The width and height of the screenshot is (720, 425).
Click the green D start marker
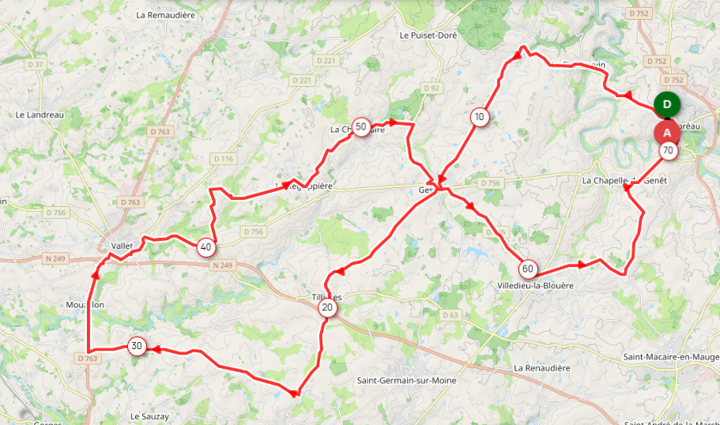click(x=668, y=104)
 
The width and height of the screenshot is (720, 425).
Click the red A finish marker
click(x=667, y=132)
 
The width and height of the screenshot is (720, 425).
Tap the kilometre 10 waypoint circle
click(x=479, y=118)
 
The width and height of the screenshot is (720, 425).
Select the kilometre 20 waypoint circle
click(x=327, y=308)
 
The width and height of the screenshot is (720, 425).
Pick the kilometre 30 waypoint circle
click(x=137, y=346)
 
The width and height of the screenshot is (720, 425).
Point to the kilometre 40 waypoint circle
click(x=206, y=247)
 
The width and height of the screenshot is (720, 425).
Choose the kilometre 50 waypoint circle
click(x=361, y=126)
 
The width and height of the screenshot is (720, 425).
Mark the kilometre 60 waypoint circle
click(x=528, y=269)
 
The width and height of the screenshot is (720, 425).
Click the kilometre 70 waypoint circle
click(x=669, y=150)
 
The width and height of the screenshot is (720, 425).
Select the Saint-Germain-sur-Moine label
click(x=406, y=381)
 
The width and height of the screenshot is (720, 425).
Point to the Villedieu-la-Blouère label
click(x=534, y=285)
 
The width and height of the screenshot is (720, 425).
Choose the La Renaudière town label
click(x=541, y=368)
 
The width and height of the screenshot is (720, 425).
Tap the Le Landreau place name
click(x=39, y=115)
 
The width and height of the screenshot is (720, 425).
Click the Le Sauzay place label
click(x=149, y=416)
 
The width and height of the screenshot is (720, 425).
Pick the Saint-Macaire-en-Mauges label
click(x=671, y=358)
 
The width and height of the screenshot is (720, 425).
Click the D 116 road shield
click(x=224, y=160)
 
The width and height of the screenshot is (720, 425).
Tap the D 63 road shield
click(x=450, y=316)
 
